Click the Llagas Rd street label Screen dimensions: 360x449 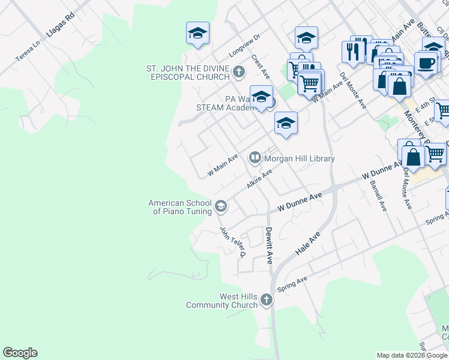pyautogui.click(x=60, y=24)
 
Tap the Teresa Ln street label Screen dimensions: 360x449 pyautogui.click(x=28, y=52)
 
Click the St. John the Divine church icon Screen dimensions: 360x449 pyautogui.click(x=239, y=73)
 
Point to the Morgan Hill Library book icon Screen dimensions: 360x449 pyautogui.click(x=255, y=158)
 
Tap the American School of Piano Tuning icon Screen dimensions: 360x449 pyautogui.click(x=220, y=206)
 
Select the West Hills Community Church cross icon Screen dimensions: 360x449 pyautogui.click(x=266, y=300)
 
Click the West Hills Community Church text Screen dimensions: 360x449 pyautogui.click(x=221, y=301)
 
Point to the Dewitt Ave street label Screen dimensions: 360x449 pyautogui.click(x=270, y=246)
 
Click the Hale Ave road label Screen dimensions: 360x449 pyautogui.click(x=308, y=243)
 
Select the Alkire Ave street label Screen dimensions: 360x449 pyautogui.click(x=259, y=179)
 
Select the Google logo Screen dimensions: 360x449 pyautogui.click(x=20, y=353)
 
